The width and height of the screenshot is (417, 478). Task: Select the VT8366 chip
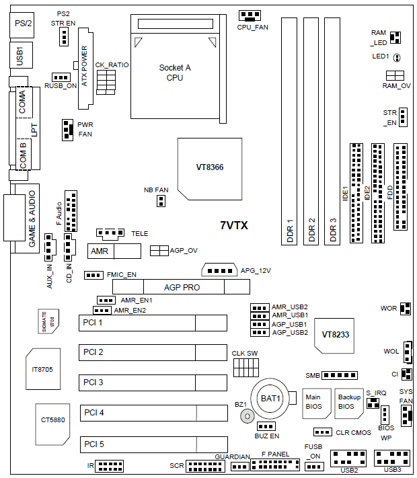point(210,166)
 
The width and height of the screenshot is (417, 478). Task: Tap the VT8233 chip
point(334,334)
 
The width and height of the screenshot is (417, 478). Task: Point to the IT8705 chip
point(43,369)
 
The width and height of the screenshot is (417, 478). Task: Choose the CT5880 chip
point(50,421)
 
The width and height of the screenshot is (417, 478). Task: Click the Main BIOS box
point(313,402)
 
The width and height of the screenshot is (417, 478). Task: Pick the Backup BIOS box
point(349,402)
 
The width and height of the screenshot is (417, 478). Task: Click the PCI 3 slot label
point(93,383)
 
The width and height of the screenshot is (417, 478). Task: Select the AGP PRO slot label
point(182,288)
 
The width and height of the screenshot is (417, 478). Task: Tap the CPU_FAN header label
point(252,28)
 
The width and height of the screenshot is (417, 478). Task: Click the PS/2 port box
point(22,24)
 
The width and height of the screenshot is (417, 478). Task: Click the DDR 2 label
point(311,230)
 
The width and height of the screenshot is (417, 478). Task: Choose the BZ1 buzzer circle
point(248,417)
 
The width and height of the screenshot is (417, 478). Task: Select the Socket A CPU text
point(175,73)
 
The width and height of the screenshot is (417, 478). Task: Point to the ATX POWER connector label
point(85,67)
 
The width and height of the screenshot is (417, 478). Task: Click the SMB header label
point(312,375)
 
